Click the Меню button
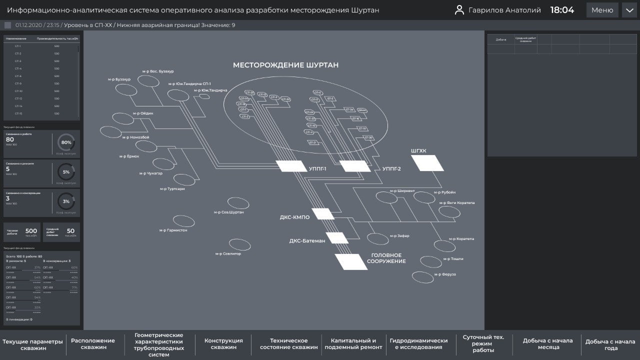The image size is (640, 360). [602, 10]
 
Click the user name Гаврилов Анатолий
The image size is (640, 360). [504, 10]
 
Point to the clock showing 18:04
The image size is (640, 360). [562, 10]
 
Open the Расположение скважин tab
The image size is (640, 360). [92, 344]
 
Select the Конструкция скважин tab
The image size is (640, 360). [223, 344]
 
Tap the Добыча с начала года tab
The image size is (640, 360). [610, 344]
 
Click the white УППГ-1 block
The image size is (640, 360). [292, 166]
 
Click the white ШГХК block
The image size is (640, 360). [427, 163]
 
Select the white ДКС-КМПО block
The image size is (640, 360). [323, 214]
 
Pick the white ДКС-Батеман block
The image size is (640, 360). [337, 238]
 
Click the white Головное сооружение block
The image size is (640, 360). [351, 261]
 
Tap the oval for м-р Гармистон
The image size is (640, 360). [183, 221]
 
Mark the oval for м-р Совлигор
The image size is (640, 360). [239, 244]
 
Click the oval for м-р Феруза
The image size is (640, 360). [422, 276]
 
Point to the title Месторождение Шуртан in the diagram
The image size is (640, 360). [285, 65]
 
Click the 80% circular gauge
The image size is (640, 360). [66, 142]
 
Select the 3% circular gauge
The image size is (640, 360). [66, 201]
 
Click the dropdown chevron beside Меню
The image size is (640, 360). [629, 10]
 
